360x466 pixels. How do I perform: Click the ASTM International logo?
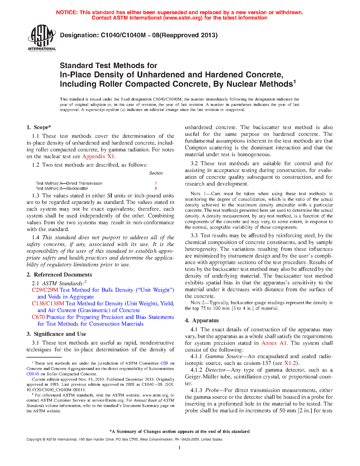pyautogui.click(x=42, y=38)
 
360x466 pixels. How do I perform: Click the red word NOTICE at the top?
pyautogui.click(x=67, y=12)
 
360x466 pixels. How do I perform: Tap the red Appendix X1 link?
pyautogui.click(x=99, y=156)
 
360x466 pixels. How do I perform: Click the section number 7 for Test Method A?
pyautogui.click(x=156, y=183)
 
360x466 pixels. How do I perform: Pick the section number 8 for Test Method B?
pyautogui.click(x=156, y=188)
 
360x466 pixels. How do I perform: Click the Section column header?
pyautogui.click(x=156, y=173)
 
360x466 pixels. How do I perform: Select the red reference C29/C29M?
pyautogui.click(x=45, y=290)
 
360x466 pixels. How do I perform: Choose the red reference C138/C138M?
pyautogui.click(x=48, y=304)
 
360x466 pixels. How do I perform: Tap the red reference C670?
pyautogui.click(x=38, y=317)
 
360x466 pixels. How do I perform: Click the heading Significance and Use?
pyautogui.click(x=60, y=334)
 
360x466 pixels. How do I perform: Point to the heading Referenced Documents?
pyautogui.click(x=63, y=275)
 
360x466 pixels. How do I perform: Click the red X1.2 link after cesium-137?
pyautogui.click(x=290, y=363)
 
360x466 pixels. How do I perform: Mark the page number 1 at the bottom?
pyautogui.click(x=180, y=448)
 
